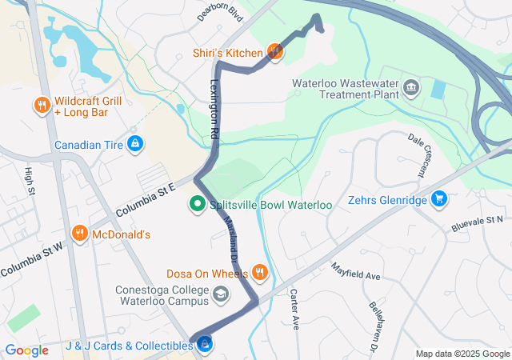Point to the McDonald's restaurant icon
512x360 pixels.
[x=79, y=234]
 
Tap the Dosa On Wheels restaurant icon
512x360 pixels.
[x=260, y=273]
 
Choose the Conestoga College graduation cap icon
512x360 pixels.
[x=220, y=295]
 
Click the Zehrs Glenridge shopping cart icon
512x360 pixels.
[x=438, y=198]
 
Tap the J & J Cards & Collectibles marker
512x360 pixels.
[x=205, y=345]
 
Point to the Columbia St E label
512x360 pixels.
[x=144, y=202]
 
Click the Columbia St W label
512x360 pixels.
[x=31, y=262]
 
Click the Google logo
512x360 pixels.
[x=26, y=350]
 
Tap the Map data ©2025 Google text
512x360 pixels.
[x=462, y=354]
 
